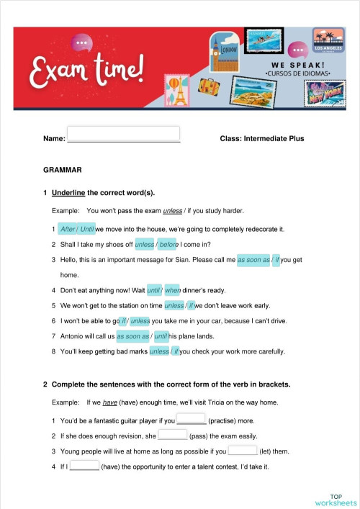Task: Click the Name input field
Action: tap(123, 134)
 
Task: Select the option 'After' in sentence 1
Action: tap(68, 229)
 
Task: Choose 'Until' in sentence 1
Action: tap(87, 229)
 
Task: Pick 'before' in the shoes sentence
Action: tap(168, 244)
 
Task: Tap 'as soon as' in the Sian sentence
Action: tap(253, 259)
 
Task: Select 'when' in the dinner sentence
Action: tap(173, 290)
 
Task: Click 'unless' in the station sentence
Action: tap(174, 305)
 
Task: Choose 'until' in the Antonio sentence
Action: tap(161, 336)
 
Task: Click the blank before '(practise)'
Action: tap(191, 420)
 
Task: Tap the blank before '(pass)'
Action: tap(172, 436)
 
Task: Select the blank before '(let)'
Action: tap(242, 451)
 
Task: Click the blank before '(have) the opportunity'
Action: tap(84, 467)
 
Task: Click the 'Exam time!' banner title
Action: tap(86, 68)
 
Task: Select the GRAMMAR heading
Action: tap(63, 171)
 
